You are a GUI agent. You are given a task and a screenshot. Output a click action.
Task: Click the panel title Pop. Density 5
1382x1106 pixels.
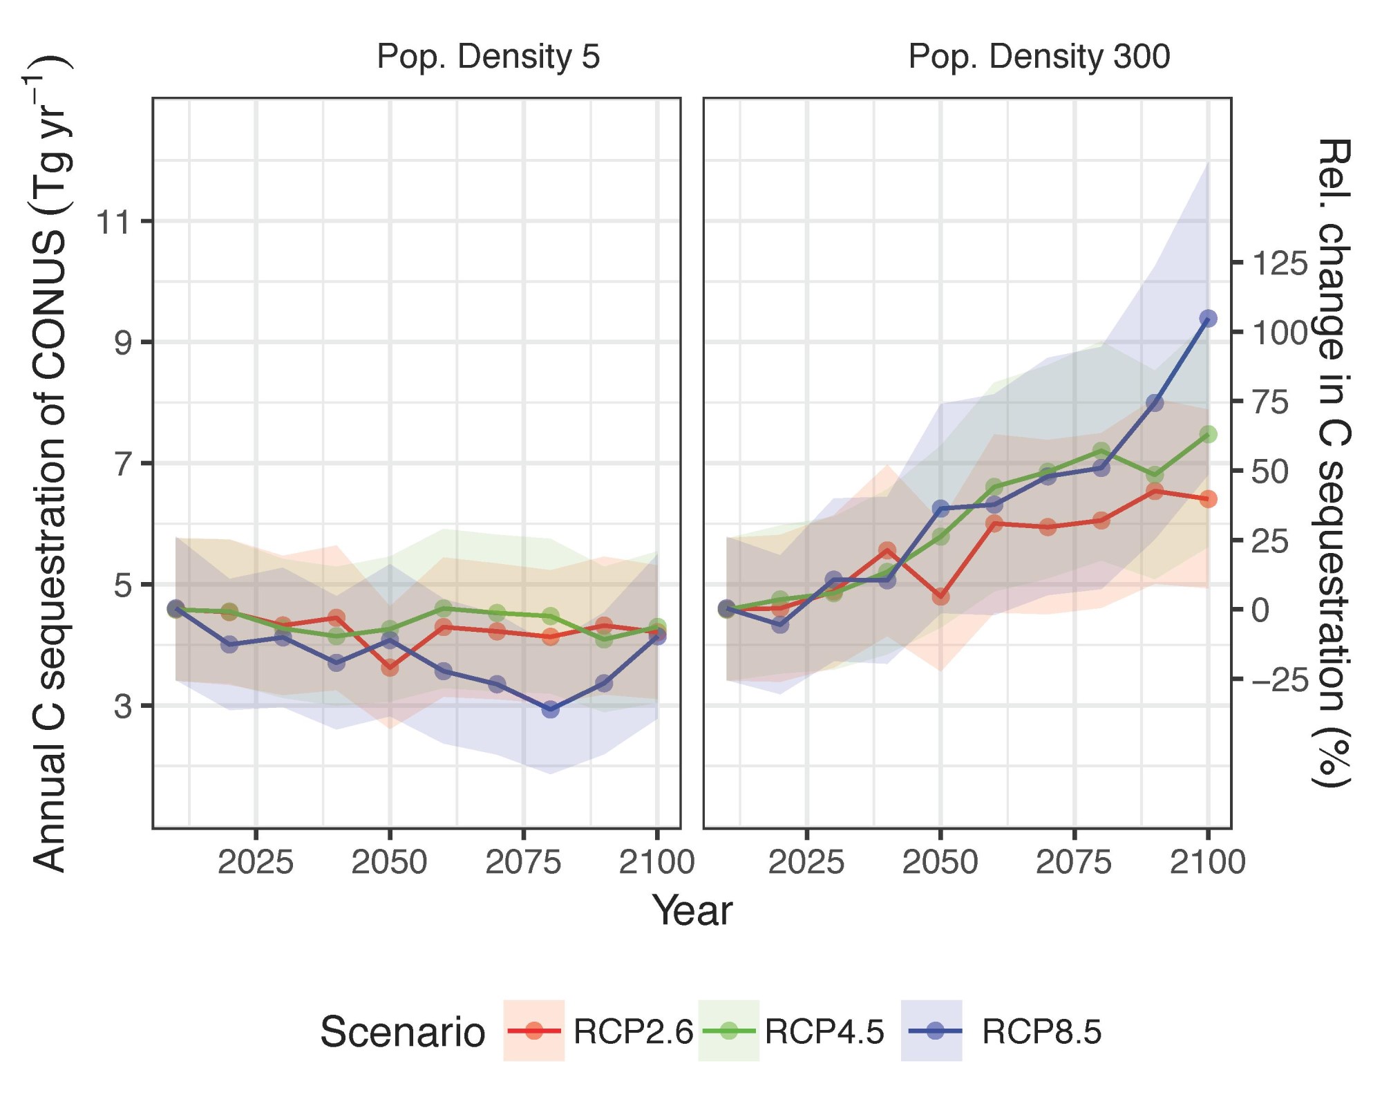tap(488, 57)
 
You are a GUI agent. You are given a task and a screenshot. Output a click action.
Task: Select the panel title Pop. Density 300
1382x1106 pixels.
tap(1039, 57)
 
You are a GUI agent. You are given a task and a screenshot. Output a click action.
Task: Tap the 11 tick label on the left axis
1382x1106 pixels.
tap(114, 223)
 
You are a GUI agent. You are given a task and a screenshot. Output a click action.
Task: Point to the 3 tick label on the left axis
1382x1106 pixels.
tap(123, 706)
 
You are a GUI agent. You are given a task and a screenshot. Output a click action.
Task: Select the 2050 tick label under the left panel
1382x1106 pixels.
tap(389, 863)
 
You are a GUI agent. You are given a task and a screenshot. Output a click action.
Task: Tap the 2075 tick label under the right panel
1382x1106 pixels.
tap(1073, 863)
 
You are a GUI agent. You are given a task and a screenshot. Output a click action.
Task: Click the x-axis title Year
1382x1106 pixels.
tap(692, 911)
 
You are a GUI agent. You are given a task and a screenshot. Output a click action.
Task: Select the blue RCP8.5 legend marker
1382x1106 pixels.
tap(934, 1032)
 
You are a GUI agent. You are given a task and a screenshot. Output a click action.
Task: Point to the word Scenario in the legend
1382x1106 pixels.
tap(402, 1033)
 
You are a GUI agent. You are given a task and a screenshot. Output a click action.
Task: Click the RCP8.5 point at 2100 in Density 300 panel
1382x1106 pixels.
tap(1208, 319)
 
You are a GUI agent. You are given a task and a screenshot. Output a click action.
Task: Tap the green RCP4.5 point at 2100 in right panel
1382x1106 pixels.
tap(1208, 434)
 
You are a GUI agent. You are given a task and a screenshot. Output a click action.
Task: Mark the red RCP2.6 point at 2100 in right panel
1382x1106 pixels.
tap(1208, 499)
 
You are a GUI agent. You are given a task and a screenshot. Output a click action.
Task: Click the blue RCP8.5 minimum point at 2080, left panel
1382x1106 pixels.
tap(551, 709)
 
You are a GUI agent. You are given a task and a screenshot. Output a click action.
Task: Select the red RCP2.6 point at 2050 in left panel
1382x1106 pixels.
tap(390, 668)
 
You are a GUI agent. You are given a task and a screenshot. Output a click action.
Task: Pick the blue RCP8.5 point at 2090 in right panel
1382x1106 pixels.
tap(1154, 403)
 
